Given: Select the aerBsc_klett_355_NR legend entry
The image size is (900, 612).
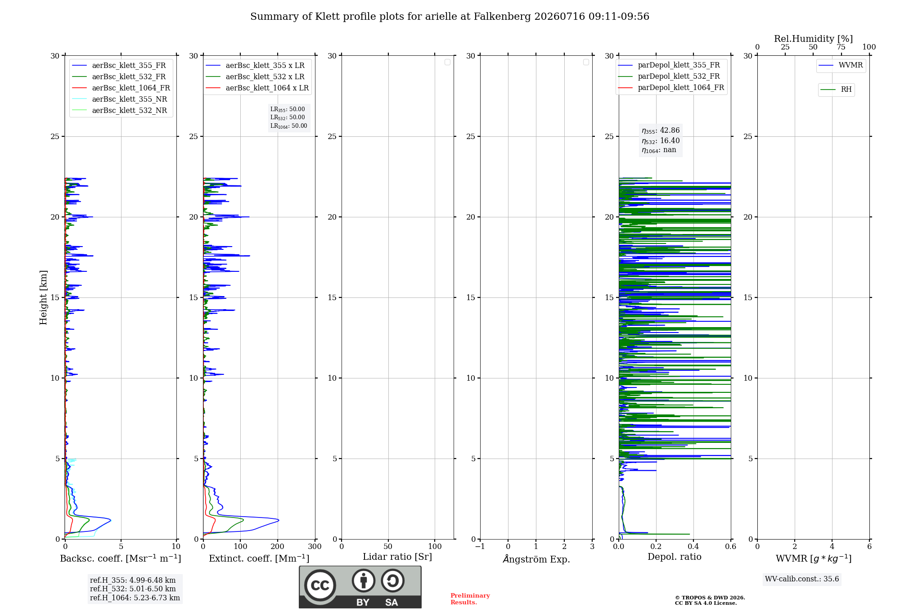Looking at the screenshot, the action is coord(120,99).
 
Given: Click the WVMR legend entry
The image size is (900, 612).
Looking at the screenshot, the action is coord(841,65).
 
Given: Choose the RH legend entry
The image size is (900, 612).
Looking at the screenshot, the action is coord(836,90).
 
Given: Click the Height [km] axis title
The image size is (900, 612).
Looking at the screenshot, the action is coord(43,297).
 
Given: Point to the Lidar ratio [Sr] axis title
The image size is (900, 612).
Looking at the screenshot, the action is coord(397,557).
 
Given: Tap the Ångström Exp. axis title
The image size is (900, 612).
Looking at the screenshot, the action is coord(536,559).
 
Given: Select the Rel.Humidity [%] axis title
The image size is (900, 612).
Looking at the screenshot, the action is coord(814,39).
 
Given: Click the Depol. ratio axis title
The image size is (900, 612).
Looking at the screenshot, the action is coord(675,557).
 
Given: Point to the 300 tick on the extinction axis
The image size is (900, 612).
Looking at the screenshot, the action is coord(315,546).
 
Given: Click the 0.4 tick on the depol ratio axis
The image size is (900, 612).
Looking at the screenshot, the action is coord(693,546).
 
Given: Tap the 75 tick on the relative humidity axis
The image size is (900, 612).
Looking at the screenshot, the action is coord(841,47).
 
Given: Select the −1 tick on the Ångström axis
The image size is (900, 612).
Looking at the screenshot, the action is coord(480,546).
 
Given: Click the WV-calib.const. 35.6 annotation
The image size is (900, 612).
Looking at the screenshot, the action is coord(802,579).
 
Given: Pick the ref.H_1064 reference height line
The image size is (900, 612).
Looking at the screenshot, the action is coord(135,598).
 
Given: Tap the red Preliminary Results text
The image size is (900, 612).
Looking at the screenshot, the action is coord(470,599).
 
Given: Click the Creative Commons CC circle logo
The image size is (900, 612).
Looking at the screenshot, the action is coord(320,585).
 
